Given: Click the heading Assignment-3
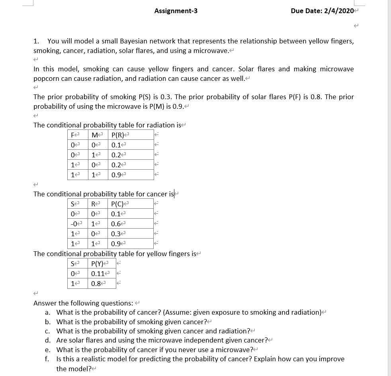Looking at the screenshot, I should (176, 11).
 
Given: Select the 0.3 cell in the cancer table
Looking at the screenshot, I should (117, 234).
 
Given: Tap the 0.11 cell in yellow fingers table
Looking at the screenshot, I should (98, 274).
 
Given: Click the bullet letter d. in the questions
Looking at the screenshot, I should (48, 340).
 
